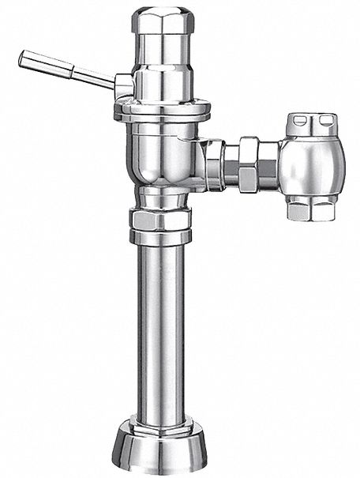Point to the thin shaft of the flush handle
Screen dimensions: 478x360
(x=93, y=77)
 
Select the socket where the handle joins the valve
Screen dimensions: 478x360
(x=122, y=85)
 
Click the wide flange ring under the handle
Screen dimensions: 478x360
(x=163, y=111)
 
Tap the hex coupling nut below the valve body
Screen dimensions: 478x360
(x=161, y=218)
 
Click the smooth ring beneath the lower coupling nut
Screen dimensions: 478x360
(x=161, y=237)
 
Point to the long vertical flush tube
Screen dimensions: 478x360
(x=161, y=332)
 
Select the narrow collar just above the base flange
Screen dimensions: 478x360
(x=161, y=424)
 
